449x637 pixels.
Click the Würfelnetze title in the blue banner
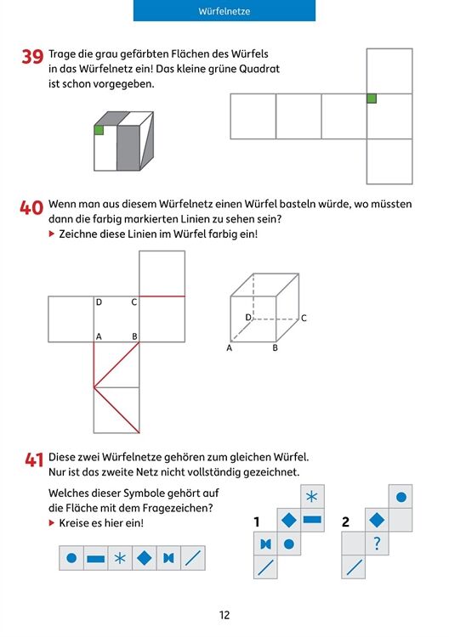click(x=224, y=11)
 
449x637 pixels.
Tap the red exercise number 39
click(x=32, y=56)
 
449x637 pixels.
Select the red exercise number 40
click(x=31, y=207)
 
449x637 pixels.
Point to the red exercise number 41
click(x=34, y=459)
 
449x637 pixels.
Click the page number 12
click(x=224, y=615)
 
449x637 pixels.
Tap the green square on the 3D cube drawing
click(x=99, y=130)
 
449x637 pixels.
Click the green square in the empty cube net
click(x=372, y=99)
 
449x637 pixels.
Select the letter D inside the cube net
click(x=99, y=302)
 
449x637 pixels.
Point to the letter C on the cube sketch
click(x=304, y=318)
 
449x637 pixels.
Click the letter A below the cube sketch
click(x=230, y=347)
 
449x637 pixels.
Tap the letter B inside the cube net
click(x=134, y=336)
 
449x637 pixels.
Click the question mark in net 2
click(x=377, y=544)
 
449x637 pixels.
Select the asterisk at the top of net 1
click(x=312, y=497)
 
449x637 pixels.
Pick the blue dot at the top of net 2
click(x=401, y=497)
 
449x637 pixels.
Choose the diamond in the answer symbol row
click(x=145, y=558)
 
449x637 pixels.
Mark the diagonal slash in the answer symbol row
click(x=193, y=558)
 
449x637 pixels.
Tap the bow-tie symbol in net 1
click(x=265, y=544)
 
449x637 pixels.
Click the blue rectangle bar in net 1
click(x=312, y=520)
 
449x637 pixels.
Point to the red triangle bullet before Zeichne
click(x=51, y=234)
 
